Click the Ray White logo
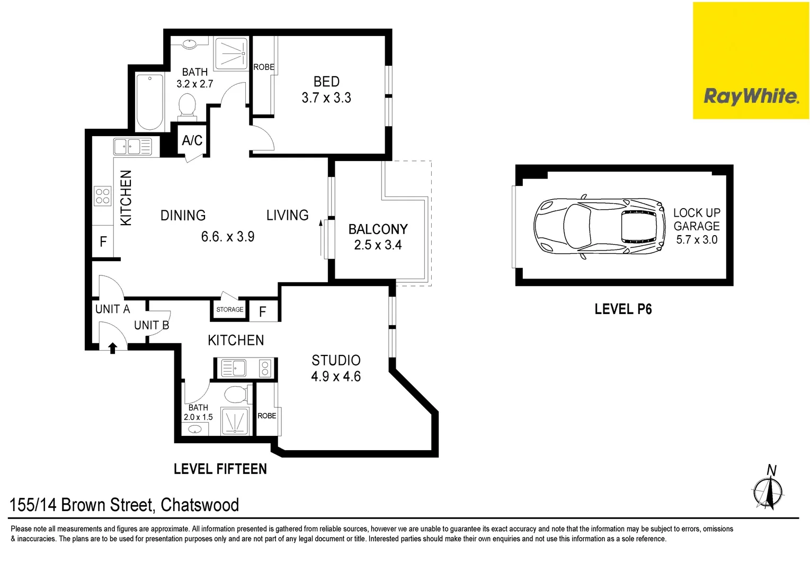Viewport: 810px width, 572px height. pyautogui.click(x=750, y=96)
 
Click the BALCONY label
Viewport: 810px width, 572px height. pyautogui.click(x=378, y=229)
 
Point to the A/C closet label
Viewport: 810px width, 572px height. pyautogui.click(x=192, y=140)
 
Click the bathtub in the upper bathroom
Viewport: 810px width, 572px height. pyautogui.click(x=149, y=102)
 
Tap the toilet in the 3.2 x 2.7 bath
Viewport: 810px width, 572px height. pyautogui.click(x=187, y=105)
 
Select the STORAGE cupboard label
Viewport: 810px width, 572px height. pyautogui.click(x=229, y=310)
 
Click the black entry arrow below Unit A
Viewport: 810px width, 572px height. pyautogui.click(x=112, y=348)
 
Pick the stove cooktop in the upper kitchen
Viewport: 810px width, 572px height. pyautogui.click(x=103, y=196)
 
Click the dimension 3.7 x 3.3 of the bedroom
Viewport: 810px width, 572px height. pyautogui.click(x=326, y=98)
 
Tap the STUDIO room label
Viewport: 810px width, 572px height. pyautogui.click(x=336, y=361)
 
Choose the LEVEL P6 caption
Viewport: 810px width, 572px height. pyautogui.click(x=623, y=309)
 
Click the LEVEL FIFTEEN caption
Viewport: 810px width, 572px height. pyautogui.click(x=220, y=469)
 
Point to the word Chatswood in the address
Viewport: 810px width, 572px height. pyautogui.click(x=200, y=505)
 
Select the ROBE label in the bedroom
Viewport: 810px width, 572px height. pyautogui.click(x=263, y=67)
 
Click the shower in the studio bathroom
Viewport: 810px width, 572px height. pyautogui.click(x=234, y=421)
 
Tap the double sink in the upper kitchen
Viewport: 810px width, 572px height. pyautogui.click(x=132, y=146)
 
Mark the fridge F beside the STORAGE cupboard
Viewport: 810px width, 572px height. pyautogui.click(x=262, y=312)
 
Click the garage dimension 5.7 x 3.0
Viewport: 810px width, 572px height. pyautogui.click(x=696, y=240)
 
